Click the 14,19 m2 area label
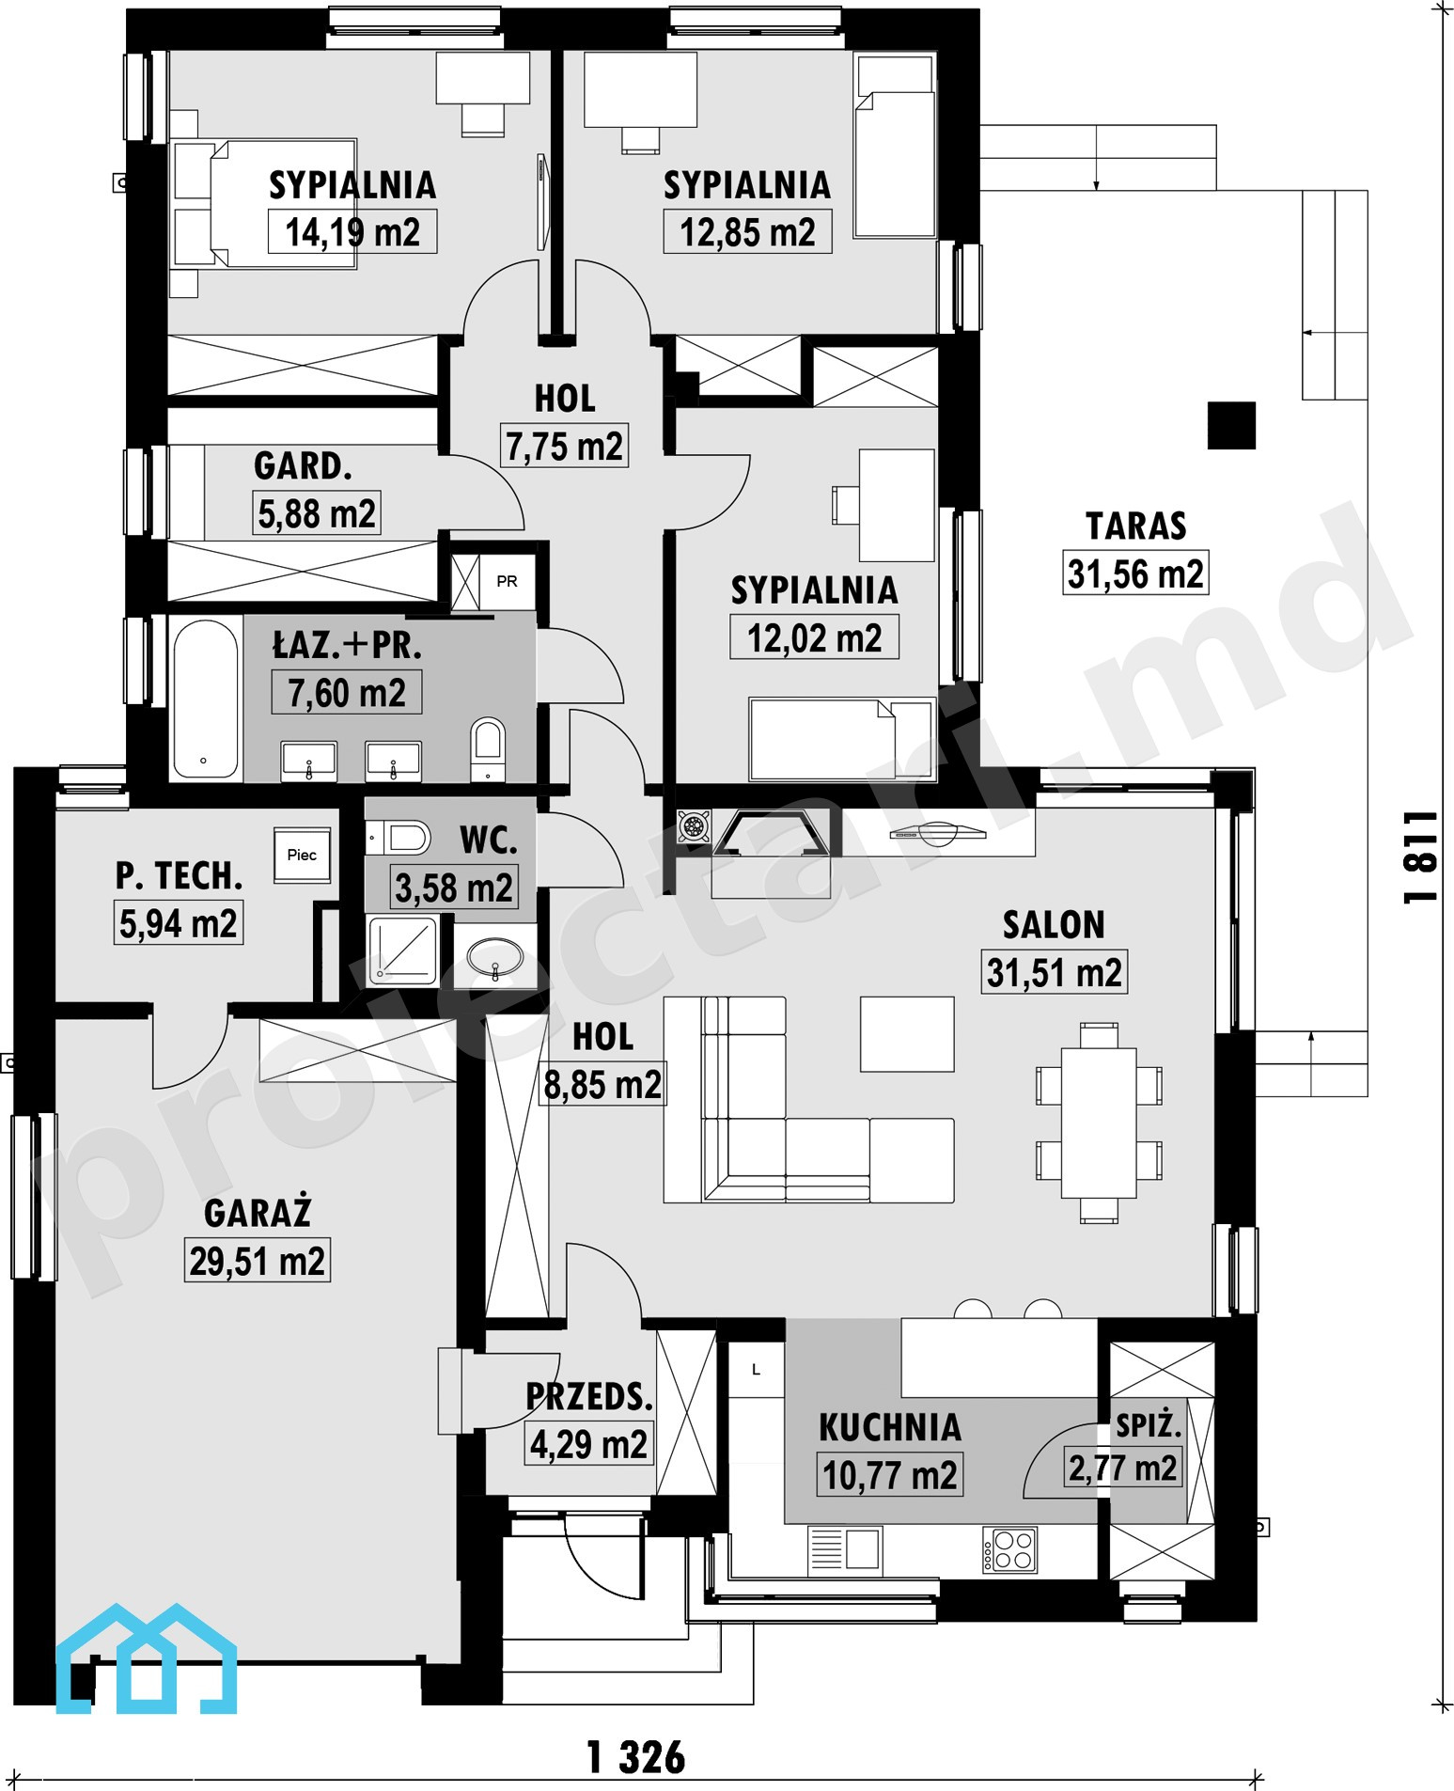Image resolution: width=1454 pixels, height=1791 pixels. point(352,232)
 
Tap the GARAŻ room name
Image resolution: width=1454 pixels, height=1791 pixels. point(258,1213)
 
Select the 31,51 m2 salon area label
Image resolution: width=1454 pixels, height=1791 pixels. point(1054,973)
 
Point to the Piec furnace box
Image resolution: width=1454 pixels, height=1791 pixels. point(302,855)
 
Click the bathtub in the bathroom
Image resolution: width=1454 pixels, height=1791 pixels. point(205,699)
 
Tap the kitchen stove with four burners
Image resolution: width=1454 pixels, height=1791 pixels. point(1010,1550)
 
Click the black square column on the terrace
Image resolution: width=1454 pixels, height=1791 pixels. point(1231,426)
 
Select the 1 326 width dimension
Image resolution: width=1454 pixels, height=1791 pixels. point(636,1757)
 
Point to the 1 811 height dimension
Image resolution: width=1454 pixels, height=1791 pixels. point(1420,857)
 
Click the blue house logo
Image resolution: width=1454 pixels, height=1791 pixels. point(146,1658)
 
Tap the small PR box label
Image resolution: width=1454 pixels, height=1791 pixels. point(507,581)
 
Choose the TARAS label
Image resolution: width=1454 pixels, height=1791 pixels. point(1136,526)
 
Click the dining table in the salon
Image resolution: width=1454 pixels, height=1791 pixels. point(1099,1123)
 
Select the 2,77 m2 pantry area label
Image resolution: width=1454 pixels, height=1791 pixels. point(1122,1468)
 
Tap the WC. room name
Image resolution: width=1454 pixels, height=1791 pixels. point(489,841)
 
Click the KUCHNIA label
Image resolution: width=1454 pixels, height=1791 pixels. point(890,1427)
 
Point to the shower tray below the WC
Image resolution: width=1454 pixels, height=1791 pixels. point(403,951)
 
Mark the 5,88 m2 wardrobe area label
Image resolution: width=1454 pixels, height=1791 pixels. point(317,513)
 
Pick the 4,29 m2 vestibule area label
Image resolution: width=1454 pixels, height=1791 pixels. point(588,1444)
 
